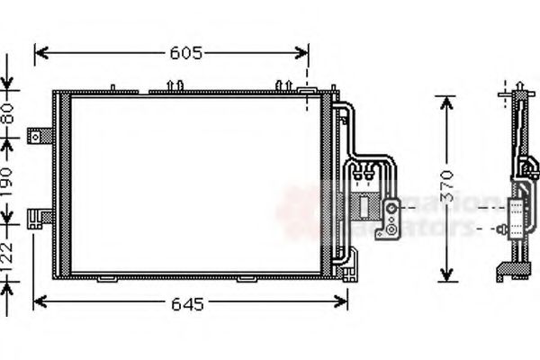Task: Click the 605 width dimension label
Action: point(185,53)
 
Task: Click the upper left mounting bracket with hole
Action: point(39,136)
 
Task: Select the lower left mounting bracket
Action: point(39,217)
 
